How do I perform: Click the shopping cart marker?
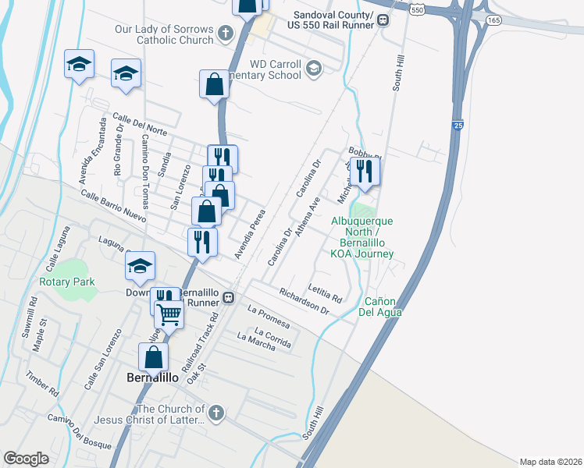click(169, 314)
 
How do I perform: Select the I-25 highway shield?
click(457, 125)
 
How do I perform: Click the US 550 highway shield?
click(418, 10)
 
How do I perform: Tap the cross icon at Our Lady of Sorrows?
click(226, 33)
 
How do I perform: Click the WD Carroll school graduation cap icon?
click(314, 68)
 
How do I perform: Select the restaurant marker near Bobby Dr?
click(365, 171)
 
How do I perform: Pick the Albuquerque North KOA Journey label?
click(362, 237)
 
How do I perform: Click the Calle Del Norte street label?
click(140, 122)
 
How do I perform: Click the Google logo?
click(27, 459)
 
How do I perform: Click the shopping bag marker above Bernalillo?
click(155, 357)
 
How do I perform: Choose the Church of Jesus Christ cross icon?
click(216, 413)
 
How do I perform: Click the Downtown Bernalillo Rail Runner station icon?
click(228, 297)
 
